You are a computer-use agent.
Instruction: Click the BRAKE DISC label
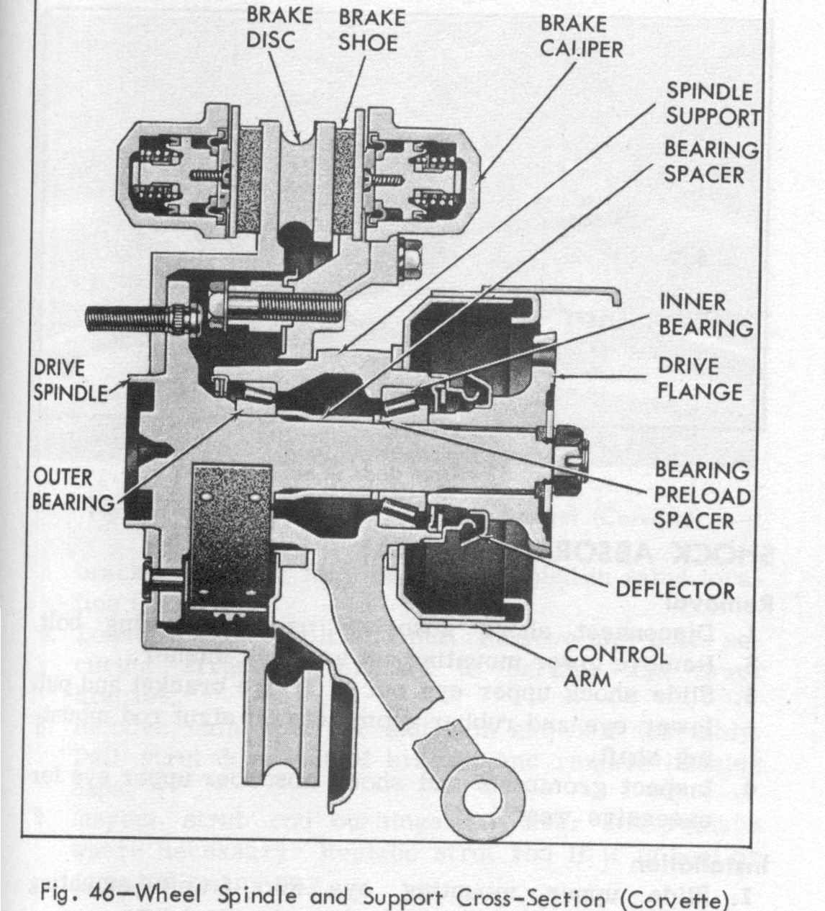tap(279, 27)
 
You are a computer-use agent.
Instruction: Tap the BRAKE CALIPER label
tap(582, 36)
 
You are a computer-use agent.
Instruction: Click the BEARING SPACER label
tap(709, 161)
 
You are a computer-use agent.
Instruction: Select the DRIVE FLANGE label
tap(699, 379)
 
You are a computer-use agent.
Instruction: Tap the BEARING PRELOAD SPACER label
tap(702, 495)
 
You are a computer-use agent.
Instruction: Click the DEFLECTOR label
tap(675, 590)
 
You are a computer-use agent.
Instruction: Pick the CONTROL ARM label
tap(616, 666)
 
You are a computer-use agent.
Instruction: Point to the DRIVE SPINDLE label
tap(70, 380)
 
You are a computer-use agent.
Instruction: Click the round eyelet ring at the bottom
tap(484, 796)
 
